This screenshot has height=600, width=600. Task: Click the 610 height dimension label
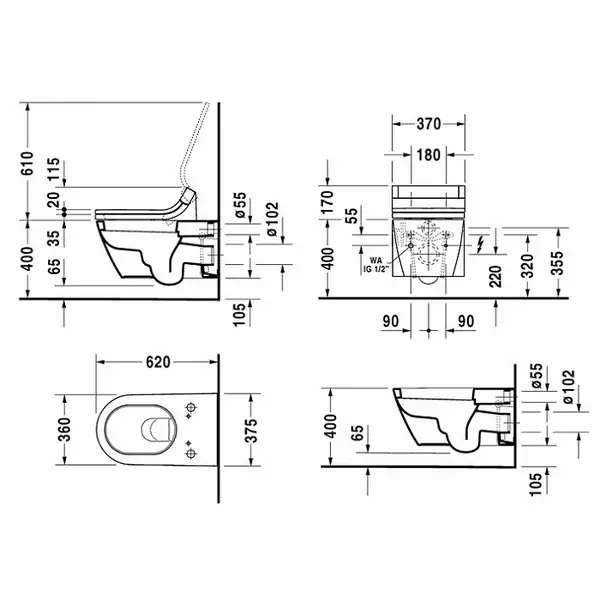point(28,163)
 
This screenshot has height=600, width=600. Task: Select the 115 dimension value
point(54,168)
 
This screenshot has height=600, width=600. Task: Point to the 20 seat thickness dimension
point(54,199)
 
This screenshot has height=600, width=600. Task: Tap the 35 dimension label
point(54,238)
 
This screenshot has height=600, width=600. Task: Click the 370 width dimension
point(429,124)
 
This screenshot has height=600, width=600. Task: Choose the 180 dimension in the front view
point(428,155)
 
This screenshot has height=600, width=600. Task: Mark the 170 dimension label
point(328,202)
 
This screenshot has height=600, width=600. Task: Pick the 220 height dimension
point(495,276)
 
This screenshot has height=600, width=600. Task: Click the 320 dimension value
point(527,264)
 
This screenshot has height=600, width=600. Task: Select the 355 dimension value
point(558,262)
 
